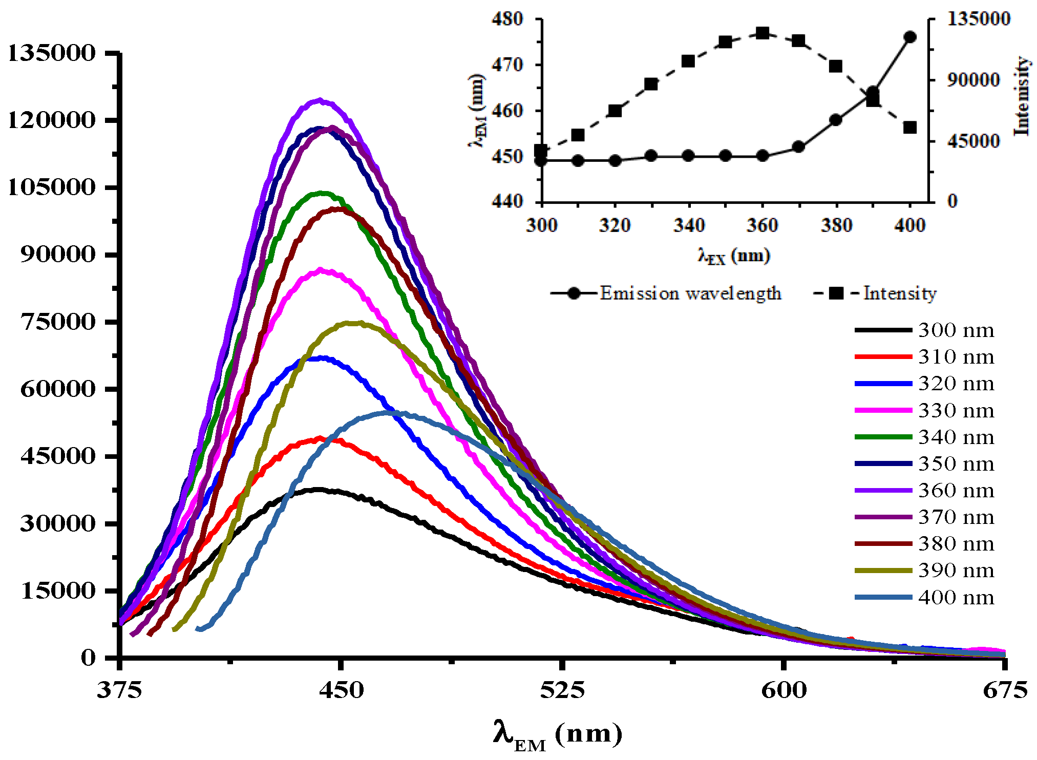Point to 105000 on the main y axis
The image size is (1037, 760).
tap(52, 187)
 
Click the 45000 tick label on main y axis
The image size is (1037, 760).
tap(58, 456)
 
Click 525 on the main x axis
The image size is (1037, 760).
tap(562, 690)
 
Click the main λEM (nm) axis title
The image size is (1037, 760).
tap(558, 735)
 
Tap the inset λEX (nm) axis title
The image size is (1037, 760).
tap(734, 255)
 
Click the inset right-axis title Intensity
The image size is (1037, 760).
tap(1022, 96)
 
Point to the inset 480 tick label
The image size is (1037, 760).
tap(507, 19)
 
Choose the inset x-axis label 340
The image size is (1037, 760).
tap(689, 225)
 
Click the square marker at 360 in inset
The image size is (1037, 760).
tap(763, 33)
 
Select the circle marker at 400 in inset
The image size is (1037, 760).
tap(910, 37)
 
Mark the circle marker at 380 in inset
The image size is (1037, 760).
tap(836, 120)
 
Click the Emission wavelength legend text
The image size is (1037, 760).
tap(690, 293)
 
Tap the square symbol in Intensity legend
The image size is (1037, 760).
tap(836, 293)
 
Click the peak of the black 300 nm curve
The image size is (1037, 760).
tap(319, 490)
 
